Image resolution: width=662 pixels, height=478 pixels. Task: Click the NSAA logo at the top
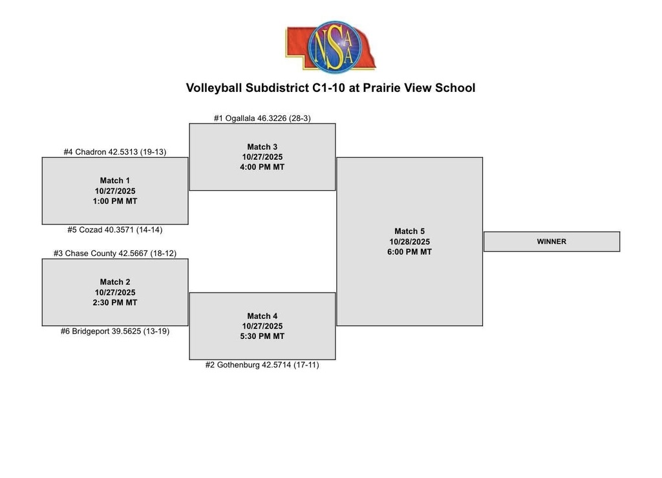click(331, 46)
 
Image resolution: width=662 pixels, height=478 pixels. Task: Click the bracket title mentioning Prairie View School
click(330, 88)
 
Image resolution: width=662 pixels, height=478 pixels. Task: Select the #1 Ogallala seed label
click(262, 118)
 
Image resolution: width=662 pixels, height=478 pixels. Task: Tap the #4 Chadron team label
click(115, 152)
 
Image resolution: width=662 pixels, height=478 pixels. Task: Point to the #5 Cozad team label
click(115, 230)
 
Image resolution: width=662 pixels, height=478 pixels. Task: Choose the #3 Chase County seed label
click(115, 254)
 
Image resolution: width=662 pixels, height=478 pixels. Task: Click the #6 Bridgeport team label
click(115, 331)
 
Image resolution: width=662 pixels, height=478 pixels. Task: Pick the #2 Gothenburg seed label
click(262, 365)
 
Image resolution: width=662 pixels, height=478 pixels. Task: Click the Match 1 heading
click(115, 180)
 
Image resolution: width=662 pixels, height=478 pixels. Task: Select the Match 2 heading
click(115, 282)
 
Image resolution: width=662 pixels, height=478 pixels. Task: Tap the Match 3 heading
click(262, 147)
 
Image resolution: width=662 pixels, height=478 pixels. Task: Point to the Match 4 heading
click(262, 316)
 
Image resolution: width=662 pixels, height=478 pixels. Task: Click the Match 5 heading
click(409, 232)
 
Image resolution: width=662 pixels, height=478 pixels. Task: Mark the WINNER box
click(552, 241)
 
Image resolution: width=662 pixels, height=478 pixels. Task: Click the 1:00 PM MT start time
click(115, 201)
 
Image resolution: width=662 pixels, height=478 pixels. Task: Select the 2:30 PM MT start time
click(115, 303)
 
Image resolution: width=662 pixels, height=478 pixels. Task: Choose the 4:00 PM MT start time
click(262, 168)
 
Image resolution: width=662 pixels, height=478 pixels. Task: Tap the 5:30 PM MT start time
click(262, 336)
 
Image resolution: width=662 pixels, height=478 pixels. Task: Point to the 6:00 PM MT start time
click(409, 252)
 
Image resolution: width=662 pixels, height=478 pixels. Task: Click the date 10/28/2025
click(409, 242)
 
